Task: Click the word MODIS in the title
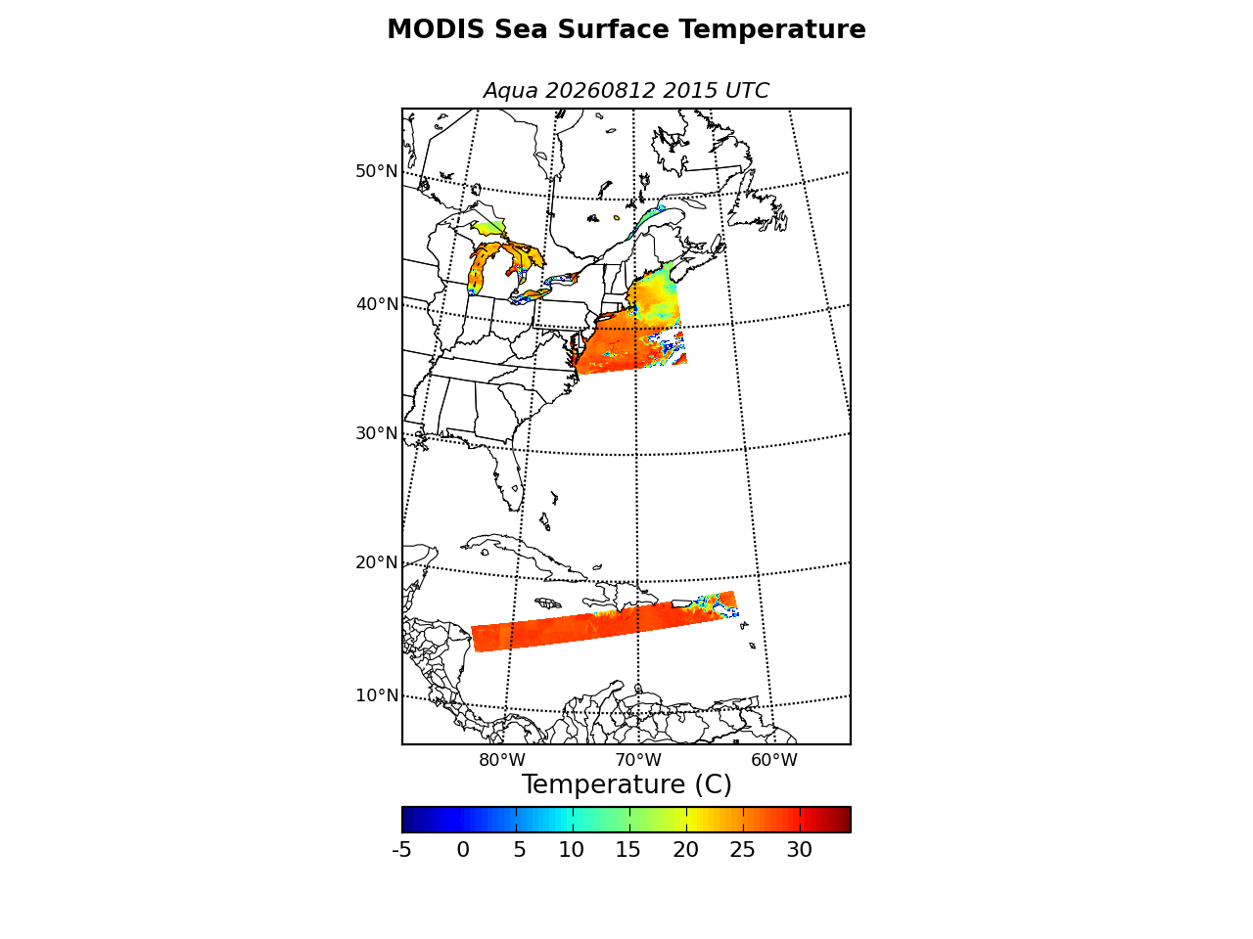pos(436,29)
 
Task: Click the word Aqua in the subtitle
pos(510,91)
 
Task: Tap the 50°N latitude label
pos(376,171)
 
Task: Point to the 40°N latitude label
pos(377,304)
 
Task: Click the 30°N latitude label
pos(376,433)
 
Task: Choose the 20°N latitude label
pos(376,562)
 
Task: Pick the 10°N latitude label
pos(377,695)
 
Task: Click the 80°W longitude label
pos(502,760)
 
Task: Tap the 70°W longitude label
pos(638,760)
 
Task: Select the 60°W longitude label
pos(774,760)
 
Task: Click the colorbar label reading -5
pos(402,850)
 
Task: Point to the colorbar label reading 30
pos(799,850)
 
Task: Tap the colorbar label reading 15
pos(627,850)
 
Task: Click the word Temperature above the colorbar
pos(603,784)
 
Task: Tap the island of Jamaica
pos(549,603)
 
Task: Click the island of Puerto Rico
pos(682,604)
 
